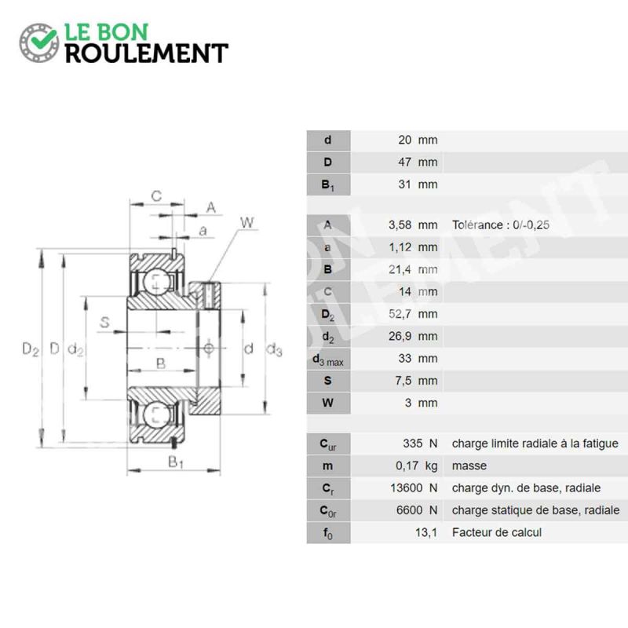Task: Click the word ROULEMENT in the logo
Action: click(x=147, y=53)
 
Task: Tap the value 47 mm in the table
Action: click(x=418, y=162)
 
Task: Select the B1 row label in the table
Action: click(x=327, y=184)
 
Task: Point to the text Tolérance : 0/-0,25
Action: click(x=501, y=225)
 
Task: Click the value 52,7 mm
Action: click(x=413, y=314)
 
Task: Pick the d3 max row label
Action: click(x=328, y=360)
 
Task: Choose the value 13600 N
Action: click(x=414, y=487)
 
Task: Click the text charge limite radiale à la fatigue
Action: click(x=535, y=444)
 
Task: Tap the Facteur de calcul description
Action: click(x=497, y=532)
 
